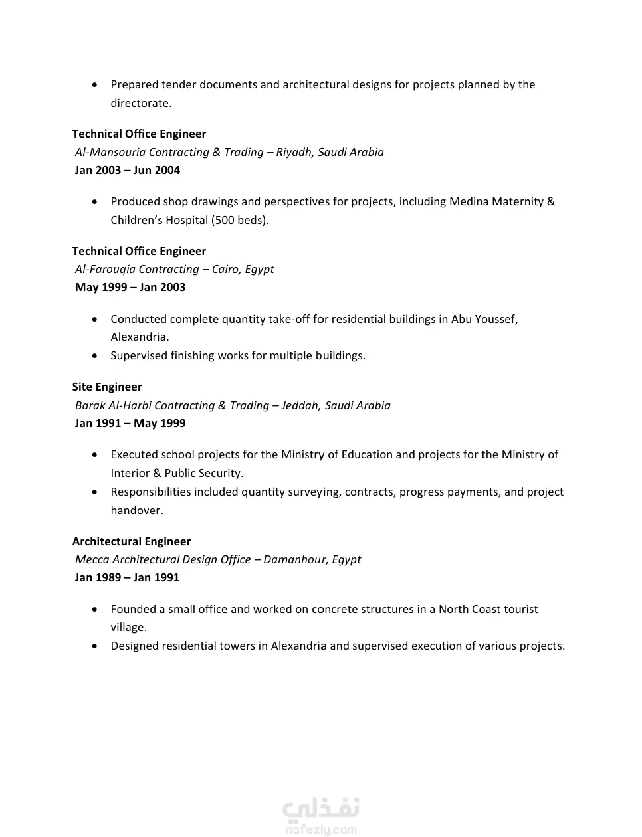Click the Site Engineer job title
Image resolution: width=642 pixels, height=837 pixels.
click(x=107, y=387)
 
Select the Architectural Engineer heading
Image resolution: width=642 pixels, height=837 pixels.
click(x=132, y=541)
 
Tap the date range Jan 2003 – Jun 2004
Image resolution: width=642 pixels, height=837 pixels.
click(x=128, y=170)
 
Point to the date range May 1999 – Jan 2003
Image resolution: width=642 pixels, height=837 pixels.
click(x=130, y=287)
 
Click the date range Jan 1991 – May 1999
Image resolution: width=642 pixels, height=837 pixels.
click(x=130, y=423)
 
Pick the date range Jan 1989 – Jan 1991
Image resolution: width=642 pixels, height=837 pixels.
click(x=127, y=577)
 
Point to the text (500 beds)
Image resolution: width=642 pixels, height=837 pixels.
click(x=240, y=220)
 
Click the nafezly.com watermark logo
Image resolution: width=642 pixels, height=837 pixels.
click(x=321, y=816)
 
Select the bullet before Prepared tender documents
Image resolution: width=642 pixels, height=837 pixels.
click(x=96, y=84)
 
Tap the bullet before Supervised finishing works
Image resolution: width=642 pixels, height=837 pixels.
click(x=96, y=355)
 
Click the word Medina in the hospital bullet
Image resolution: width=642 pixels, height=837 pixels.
click(x=469, y=201)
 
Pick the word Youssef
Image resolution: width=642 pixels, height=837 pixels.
click(x=495, y=319)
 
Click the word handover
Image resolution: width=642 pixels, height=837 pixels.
click(x=136, y=510)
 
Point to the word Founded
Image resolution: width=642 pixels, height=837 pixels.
click(x=134, y=609)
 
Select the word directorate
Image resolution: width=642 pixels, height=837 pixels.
click(x=140, y=103)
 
